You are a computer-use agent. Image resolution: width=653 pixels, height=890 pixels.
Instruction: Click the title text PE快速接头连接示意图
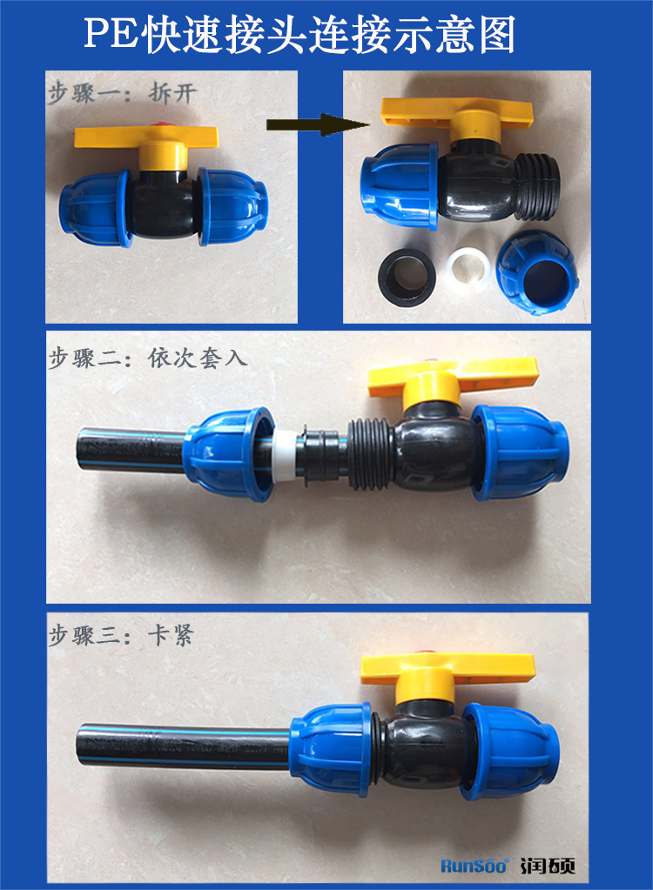[x=300, y=34]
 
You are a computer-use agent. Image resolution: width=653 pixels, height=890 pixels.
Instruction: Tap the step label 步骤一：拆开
[x=122, y=93]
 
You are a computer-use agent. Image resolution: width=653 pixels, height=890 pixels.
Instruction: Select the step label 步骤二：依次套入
[x=148, y=358]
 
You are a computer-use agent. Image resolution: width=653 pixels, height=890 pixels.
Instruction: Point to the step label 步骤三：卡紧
[x=121, y=635]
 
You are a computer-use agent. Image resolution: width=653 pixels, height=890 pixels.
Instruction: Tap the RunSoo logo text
[x=475, y=866]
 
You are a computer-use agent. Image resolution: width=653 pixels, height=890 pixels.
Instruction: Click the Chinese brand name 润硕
[x=548, y=866]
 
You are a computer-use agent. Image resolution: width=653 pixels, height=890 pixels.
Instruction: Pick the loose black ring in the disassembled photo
[x=406, y=277]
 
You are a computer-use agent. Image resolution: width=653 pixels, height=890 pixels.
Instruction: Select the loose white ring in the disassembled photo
[x=468, y=269]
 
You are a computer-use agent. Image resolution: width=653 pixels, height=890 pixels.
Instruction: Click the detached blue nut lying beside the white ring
[x=537, y=272]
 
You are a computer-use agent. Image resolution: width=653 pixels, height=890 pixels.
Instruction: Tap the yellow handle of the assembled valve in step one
[x=146, y=137]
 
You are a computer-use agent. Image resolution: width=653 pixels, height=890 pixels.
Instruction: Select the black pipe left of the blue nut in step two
[x=131, y=451]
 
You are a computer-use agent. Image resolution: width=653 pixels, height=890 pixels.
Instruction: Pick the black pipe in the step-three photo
[x=183, y=747]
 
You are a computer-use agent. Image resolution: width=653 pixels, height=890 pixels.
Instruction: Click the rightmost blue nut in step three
[x=510, y=751]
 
